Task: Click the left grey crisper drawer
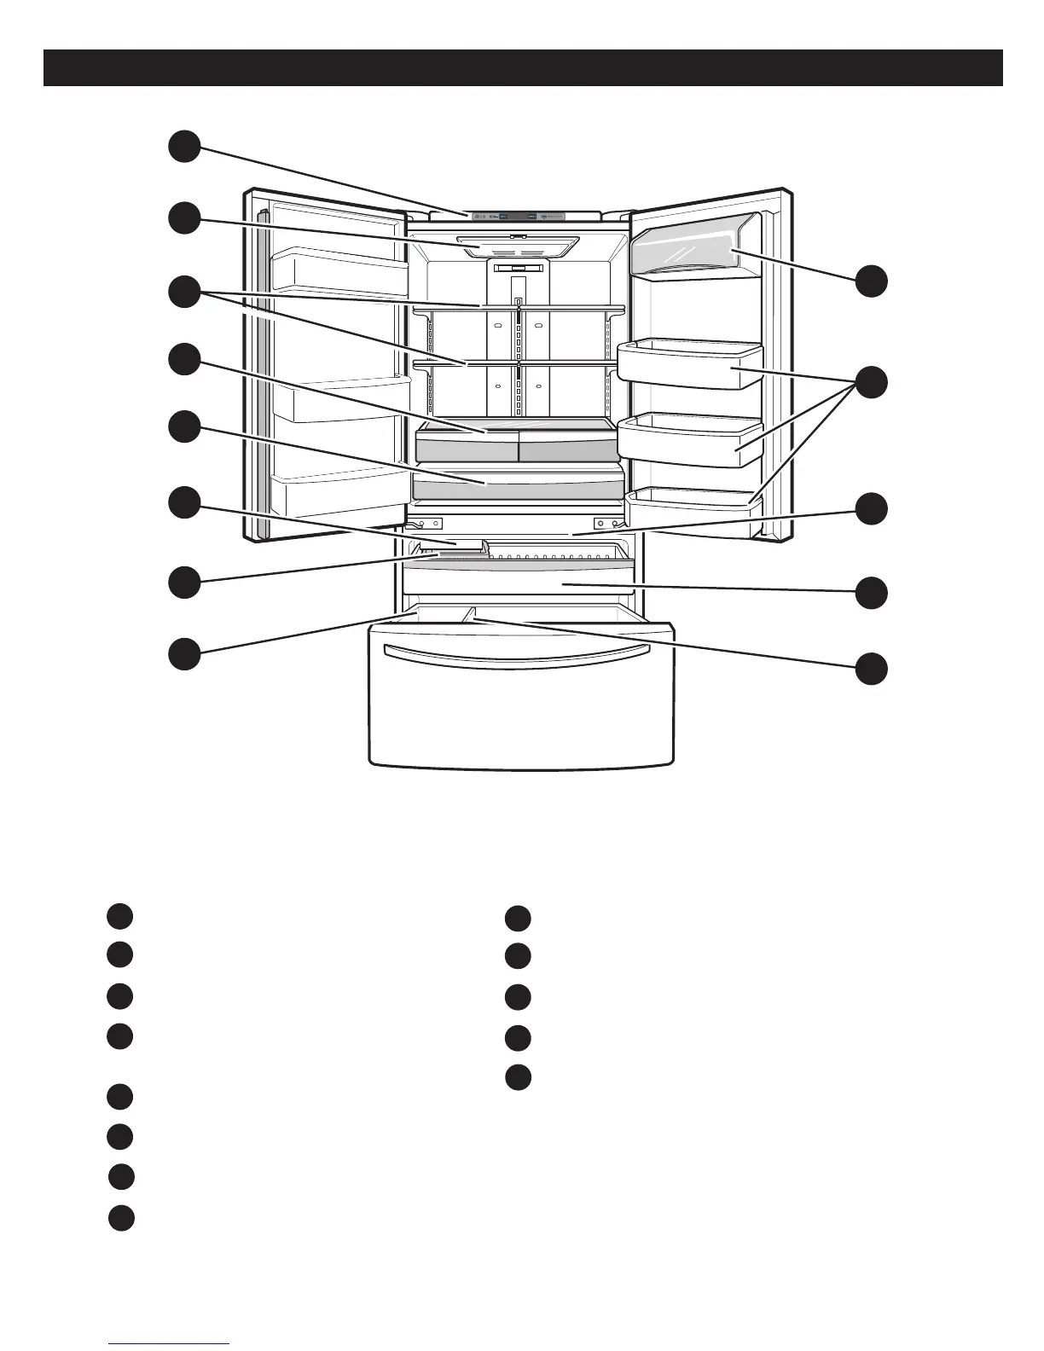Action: pyautogui.click(x=466, y=445)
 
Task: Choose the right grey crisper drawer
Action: pyautogui.click(x=566, y=446)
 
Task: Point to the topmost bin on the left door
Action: pyautogui.click(x=339, y=271)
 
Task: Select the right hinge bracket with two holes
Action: pyautogui.click(x=607, y=523)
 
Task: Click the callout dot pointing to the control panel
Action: pyautogui.click(x=183, y=146)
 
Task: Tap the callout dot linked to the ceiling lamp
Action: pyautogui.click(x=183, y=217)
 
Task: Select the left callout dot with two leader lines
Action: pyautogui.click(x=183, y=291)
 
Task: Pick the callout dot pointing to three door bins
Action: pyautogui.click(x=872, y=381)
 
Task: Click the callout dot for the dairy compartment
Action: pyautogui.click(x=872, y=281)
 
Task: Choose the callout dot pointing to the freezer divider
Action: pyautogui.click(x=872, y=668)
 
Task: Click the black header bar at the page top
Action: pyautogui.click(x=522, y=67)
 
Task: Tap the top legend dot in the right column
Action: pyautogui.click(x=518, y=919)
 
